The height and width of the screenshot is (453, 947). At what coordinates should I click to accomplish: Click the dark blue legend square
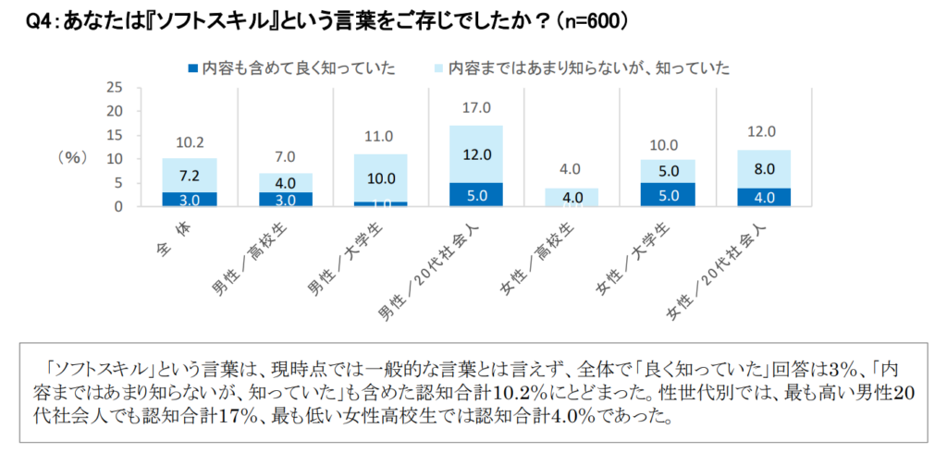point(193,67)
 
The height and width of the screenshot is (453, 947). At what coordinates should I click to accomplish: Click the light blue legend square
point(438,67)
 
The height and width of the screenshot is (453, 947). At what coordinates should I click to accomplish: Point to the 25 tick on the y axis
point(116,88)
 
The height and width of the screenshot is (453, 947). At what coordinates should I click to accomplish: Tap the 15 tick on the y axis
point(116,135)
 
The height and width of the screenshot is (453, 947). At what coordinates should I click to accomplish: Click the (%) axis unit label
point(71,157)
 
